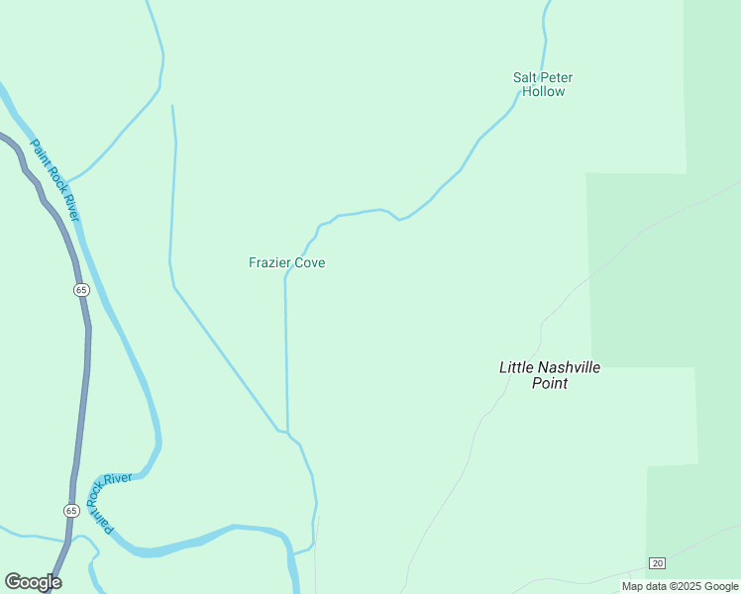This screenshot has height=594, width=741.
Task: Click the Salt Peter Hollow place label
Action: [x=542, y=84]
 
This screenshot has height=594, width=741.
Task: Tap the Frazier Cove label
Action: [x=286, y=262]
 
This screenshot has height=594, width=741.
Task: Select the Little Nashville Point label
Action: [x=549, y=374]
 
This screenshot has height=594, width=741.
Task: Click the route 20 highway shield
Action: [x=657, y=563]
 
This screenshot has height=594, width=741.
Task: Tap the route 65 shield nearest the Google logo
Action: [x=71, y=510]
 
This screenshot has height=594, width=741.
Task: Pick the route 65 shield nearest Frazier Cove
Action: [x=81, y=289]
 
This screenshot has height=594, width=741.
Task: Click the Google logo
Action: [x=33, y=582]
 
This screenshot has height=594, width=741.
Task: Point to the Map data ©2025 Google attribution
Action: [x=680, y=586]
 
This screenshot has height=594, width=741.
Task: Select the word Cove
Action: [x=307, y=262]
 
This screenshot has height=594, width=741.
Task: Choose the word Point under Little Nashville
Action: [x=549, y=383]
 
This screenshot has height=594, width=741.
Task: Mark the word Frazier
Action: [x=267, y=262]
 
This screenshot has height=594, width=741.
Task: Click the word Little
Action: [x=515, y=367]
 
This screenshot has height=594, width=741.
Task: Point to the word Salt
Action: [x=524, y=77]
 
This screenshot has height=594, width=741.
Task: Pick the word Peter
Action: [x=556, y=77]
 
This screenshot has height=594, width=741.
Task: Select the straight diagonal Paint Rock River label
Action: [x=54, y=179]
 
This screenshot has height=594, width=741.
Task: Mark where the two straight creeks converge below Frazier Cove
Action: [x=286, y=432]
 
